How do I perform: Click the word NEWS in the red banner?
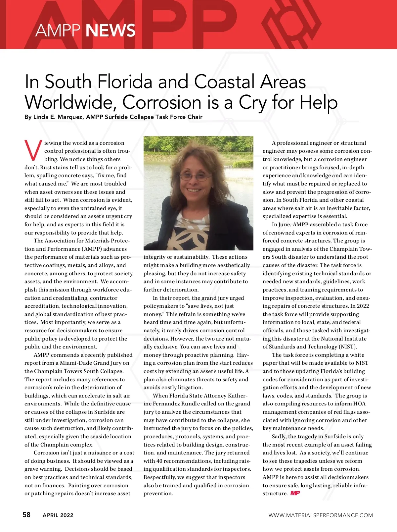pos(110,30)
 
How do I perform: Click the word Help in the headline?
pos(318,102)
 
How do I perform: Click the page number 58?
pos(26,514)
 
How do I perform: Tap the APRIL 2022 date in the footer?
pos(58,515)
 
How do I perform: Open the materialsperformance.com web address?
pos(320,515)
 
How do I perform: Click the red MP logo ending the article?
pos(295,493)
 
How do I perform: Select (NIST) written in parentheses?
pos(348,346)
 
